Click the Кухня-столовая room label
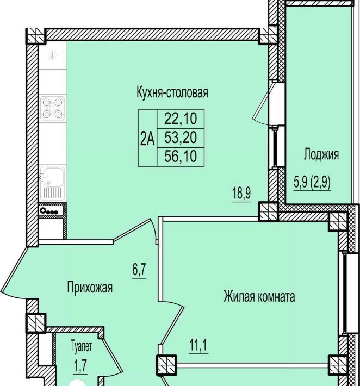click(172, 92)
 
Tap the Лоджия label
click(321, 154)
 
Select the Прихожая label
click(90, 287)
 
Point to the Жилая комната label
click(259, 296)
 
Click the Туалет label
click(82, 346)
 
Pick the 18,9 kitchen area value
click(241, 194)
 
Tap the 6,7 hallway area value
click(139, 270)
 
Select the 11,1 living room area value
click(198, 346)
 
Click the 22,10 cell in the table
click(181, 119)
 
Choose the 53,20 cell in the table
click(181, 138)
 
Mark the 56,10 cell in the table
click(181, 157)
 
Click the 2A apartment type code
click(147, 139)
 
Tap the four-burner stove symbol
click(52, 108)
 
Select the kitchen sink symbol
click(52, 183)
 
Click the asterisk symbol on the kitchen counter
click(52, 55)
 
